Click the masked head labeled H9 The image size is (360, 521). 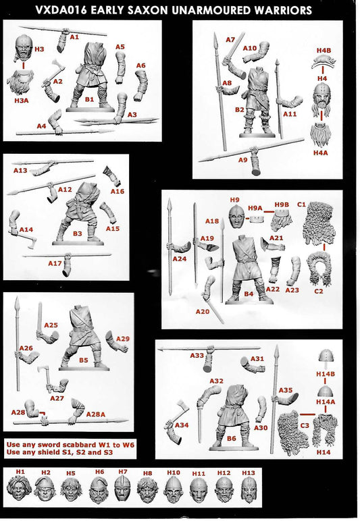tap(234, 218)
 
